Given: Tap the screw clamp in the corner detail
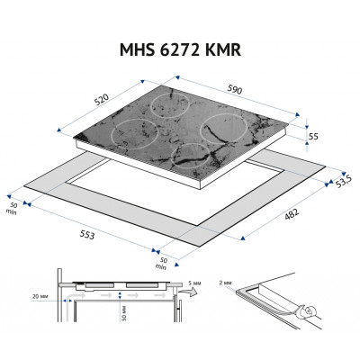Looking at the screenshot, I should tap(309, 314).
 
